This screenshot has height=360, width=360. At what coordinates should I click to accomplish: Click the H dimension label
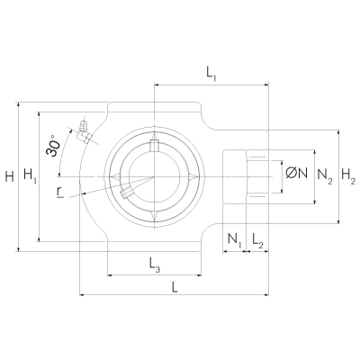pos(10,176)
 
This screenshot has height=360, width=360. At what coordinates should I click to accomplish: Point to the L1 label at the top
pos(211,74)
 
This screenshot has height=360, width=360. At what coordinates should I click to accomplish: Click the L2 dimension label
pos(257,240)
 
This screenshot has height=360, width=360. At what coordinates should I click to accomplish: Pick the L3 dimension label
pos(155,265)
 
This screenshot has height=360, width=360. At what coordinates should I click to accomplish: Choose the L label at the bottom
pos(175,287)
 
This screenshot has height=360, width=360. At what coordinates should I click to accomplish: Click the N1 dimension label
pos(234,240)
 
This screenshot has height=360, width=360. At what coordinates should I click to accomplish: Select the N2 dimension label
pos(325,176)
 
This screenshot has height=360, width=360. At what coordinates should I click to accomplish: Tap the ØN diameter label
pos(297,173)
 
